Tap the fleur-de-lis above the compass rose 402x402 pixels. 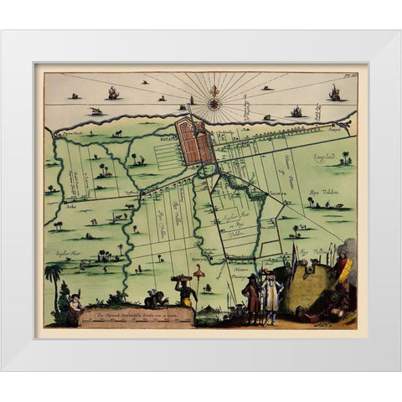point(214,89)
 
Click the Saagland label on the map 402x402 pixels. point(326,156)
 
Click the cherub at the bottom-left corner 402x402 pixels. point(74,310)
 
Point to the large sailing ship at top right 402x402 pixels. point(334,92)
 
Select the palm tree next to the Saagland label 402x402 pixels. point(345,157)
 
